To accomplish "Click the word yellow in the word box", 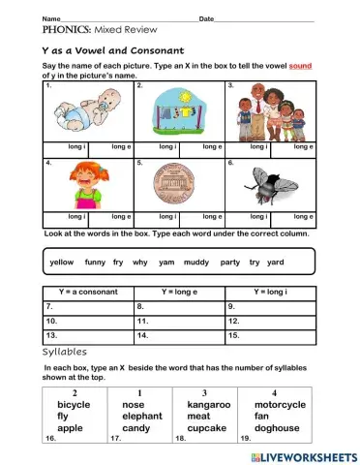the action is [x=61, y=262].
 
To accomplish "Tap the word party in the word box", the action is [x=229, y=262].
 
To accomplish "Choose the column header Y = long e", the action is [x=178, y=292].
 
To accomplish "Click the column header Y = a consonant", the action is [x=88, y=292].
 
